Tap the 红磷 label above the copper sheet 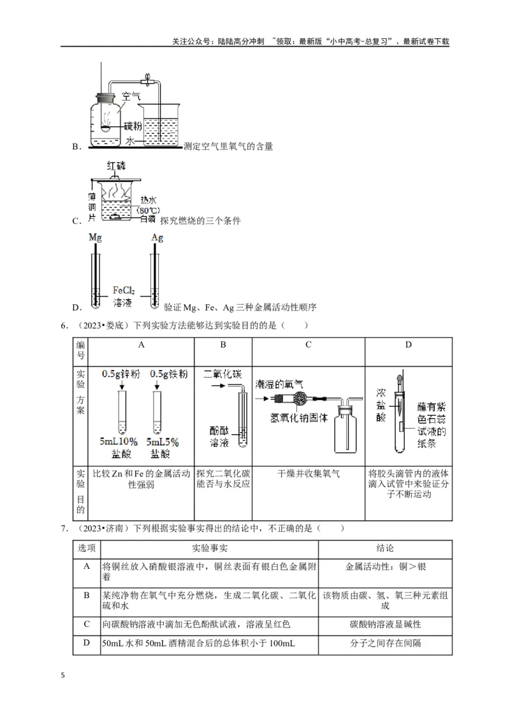119,167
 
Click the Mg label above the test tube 95,237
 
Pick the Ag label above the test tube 157,237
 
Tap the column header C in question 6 308,345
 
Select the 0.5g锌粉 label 120,374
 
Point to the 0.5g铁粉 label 168,374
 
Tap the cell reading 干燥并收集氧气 309,474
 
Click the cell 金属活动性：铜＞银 385,565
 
